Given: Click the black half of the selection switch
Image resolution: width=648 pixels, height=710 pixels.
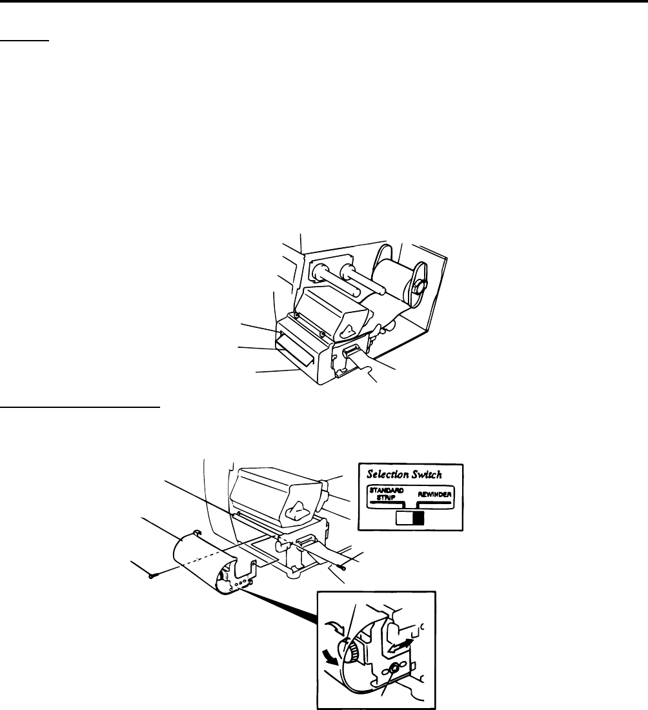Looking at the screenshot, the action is [x=418, y=518].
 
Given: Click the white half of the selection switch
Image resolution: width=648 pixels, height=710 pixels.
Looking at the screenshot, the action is [x=403, y=518].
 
